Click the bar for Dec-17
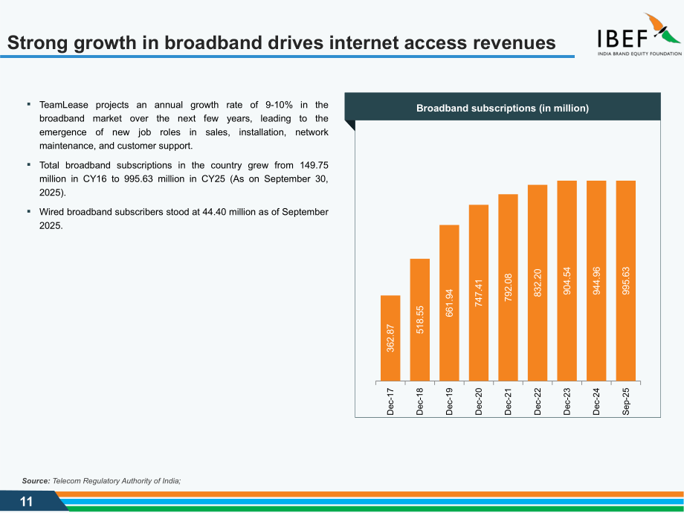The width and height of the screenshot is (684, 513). pos(390,338)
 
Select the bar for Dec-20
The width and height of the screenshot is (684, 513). pos(479,293)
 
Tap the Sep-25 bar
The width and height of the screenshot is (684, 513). pos(625,281)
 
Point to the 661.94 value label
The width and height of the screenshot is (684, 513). pos(449,303)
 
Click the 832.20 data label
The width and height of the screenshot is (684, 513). pos(538,283)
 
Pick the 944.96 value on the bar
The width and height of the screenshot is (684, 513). pos(596,280)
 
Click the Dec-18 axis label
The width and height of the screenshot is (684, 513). pos(419,401)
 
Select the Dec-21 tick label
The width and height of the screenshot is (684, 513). pos(508,401)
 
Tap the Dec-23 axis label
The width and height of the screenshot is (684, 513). pos(567,401)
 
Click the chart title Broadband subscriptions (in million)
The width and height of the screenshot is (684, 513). pos(503,109)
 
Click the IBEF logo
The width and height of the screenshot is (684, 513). pos(639,34)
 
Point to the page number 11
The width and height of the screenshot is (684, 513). pos(27,502)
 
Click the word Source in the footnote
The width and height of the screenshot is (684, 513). pos(36,481)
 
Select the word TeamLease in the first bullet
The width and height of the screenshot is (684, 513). pos(64,105)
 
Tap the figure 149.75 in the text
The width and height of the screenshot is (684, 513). pos(314,165)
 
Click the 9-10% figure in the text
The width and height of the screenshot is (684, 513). pos(280,105)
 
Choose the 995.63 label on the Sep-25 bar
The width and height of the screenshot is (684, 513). pos(625,280)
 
